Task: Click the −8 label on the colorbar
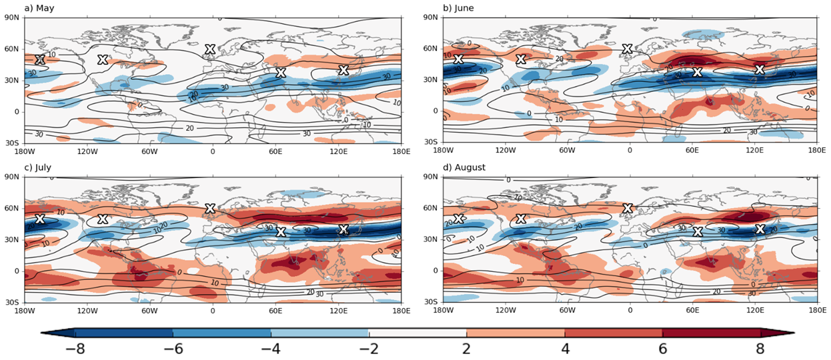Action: [74, 349]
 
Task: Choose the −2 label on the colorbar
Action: [368, 349]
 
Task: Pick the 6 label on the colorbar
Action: [662, 349]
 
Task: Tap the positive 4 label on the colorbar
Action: [564, 349]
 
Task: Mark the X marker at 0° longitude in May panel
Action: [210, 49]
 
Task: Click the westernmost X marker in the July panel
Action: [39, 219]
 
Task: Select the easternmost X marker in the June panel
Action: [760, 69]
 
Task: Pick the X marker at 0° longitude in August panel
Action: [628, 208]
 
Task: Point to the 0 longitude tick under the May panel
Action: [213, 151]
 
